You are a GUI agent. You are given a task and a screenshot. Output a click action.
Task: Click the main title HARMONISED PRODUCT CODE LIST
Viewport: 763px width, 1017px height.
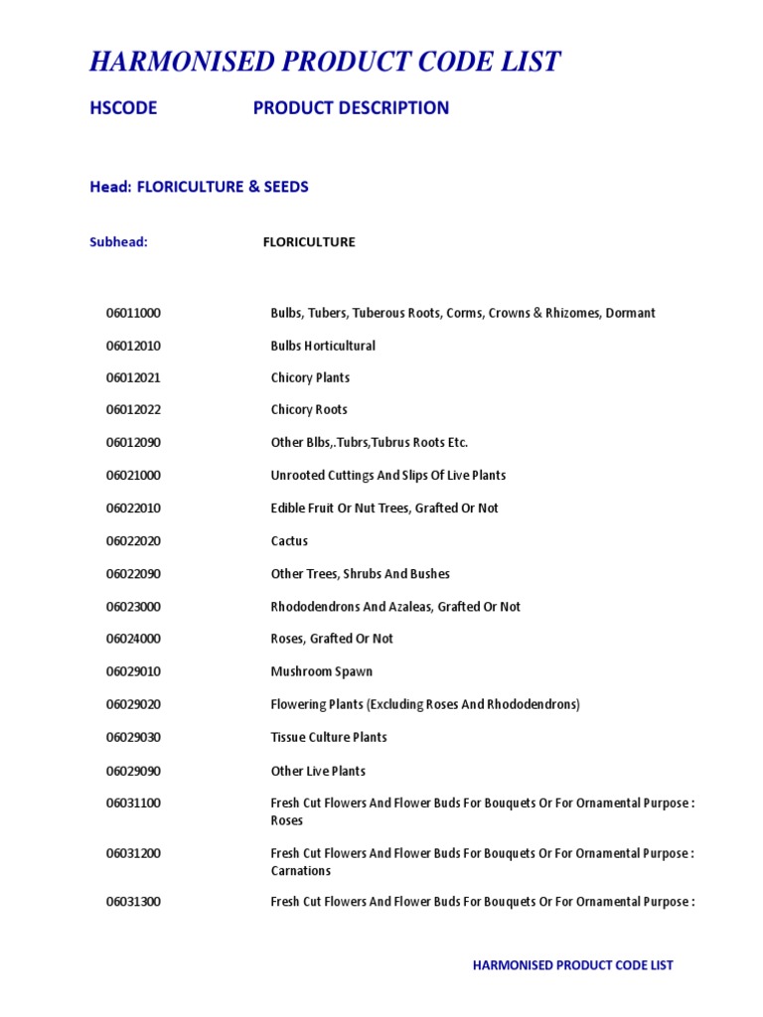click(x=325, y=63)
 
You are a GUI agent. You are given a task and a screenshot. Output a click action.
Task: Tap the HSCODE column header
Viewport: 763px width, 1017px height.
click(x=123, y=108)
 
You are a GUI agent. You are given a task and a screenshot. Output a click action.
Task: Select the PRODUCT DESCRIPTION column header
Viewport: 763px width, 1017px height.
click(x=351, y=108)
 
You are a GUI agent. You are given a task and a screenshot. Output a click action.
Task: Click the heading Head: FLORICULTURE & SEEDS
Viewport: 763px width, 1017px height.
click(x=199, y=187)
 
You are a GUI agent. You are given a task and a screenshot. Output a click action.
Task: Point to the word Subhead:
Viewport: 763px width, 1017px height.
click(x=118, y=242)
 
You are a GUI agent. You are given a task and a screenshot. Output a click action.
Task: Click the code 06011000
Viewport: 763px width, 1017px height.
click(x=133, y=313)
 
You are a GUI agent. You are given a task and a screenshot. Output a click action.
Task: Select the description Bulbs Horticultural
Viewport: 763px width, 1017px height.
click(x=323, y=346)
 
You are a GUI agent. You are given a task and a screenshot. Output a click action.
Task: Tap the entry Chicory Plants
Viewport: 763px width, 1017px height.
click(x=310, y=377)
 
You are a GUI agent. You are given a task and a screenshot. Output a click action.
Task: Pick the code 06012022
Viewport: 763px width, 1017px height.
click(x=133, y=410)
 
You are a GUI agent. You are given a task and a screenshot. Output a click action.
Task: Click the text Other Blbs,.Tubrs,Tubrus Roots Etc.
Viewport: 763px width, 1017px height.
click(x=369, y=443)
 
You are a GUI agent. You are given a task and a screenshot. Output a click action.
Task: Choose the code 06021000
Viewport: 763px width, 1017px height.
click(x=133, y=476)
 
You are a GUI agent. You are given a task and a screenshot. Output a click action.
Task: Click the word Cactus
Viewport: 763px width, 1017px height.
click(x=289, y=541)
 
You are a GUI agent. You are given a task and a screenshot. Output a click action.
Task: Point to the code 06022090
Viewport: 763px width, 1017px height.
click(x=133, y=574)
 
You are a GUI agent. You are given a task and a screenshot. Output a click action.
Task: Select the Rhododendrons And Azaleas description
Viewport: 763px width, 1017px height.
click(x=395, y=607)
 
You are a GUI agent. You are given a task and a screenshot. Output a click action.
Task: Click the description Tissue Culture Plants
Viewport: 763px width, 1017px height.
click(x=329, y=737)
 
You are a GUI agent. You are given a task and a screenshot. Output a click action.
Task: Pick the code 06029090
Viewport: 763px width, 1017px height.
click(x=133, y=771)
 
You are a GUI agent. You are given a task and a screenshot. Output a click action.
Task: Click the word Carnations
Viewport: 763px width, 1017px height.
click(x=300, y=871)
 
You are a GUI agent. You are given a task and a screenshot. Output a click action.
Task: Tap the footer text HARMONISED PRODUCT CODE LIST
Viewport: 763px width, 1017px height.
click(x=572, y=965)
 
